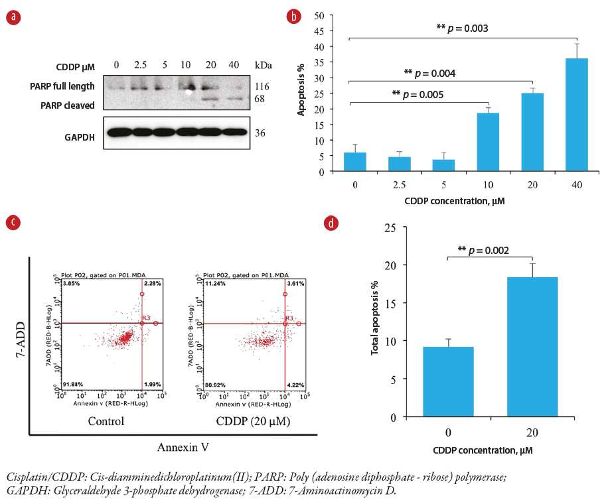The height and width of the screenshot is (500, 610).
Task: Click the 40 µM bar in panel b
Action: [575, 115]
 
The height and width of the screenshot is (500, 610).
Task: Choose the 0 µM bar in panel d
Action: [448, 381]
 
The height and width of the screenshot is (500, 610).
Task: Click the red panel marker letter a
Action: [13, 19]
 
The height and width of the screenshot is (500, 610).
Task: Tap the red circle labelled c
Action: [13, 221]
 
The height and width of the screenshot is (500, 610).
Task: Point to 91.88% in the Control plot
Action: [72, 384]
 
